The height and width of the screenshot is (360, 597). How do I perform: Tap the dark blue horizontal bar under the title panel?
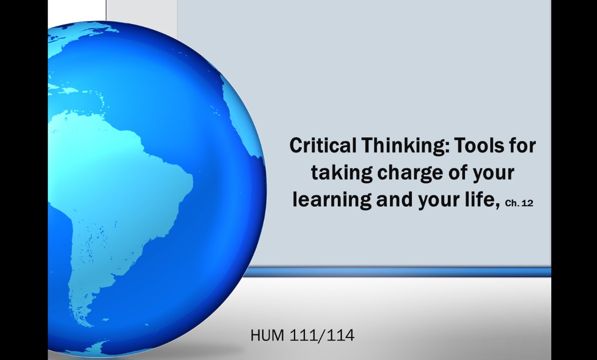click(x=396, y=272)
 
